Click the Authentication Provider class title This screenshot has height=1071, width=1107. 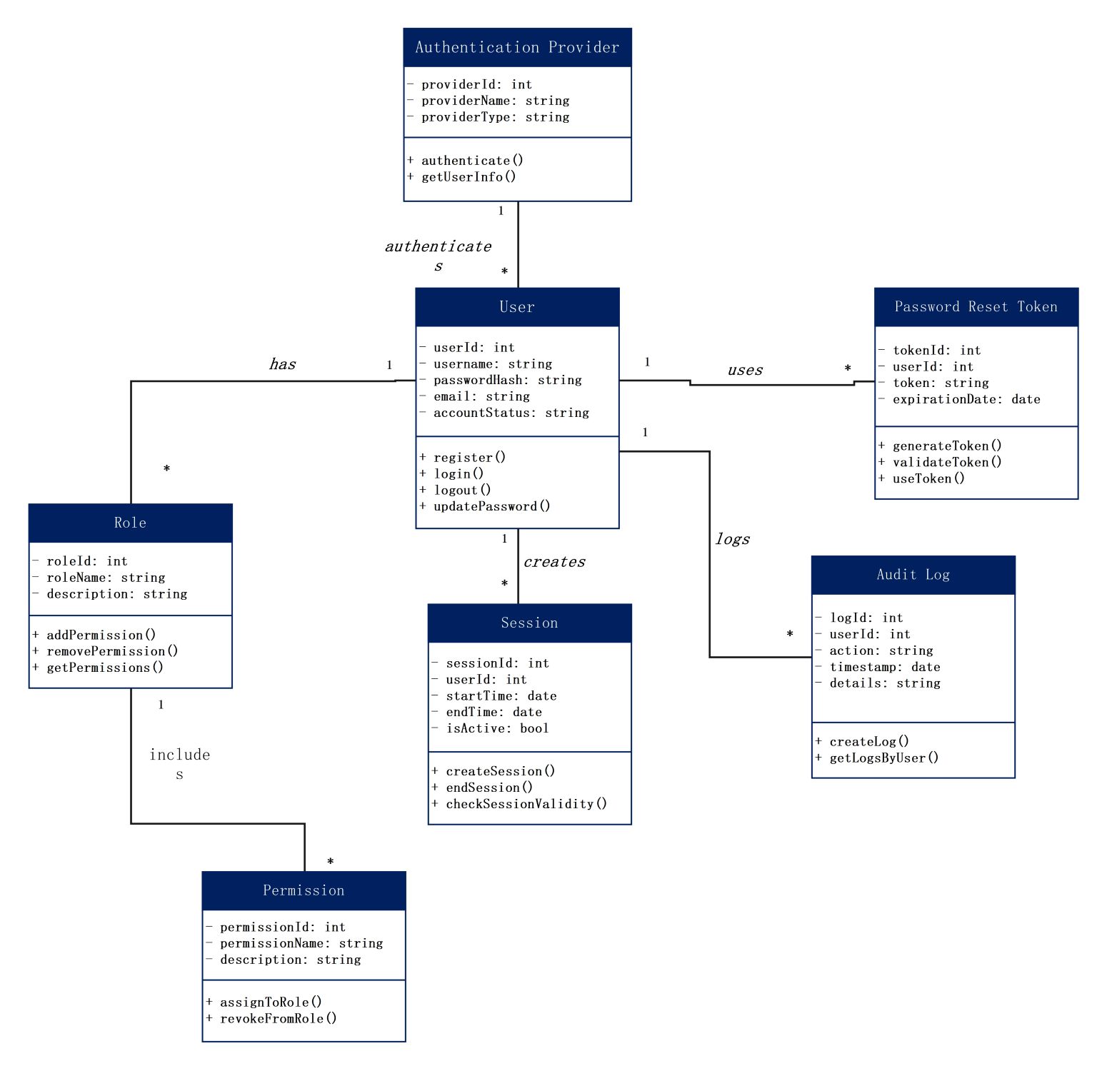pos(517,47)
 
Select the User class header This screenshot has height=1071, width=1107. pos(517,307)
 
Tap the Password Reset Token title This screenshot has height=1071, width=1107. pos(976,307)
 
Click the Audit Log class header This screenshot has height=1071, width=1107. pos(913,575)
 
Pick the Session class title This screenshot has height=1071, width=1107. pos(529,623)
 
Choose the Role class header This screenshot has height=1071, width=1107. pos(130,523)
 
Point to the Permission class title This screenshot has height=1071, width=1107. pos(304,890)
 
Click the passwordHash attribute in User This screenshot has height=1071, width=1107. pos(507,380)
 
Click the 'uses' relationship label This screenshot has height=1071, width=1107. pos(745,370)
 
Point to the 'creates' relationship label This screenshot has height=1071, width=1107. pos(554,562)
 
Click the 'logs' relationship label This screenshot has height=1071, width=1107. pos(733,539)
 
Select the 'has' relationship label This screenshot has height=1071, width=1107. pos(282,364)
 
